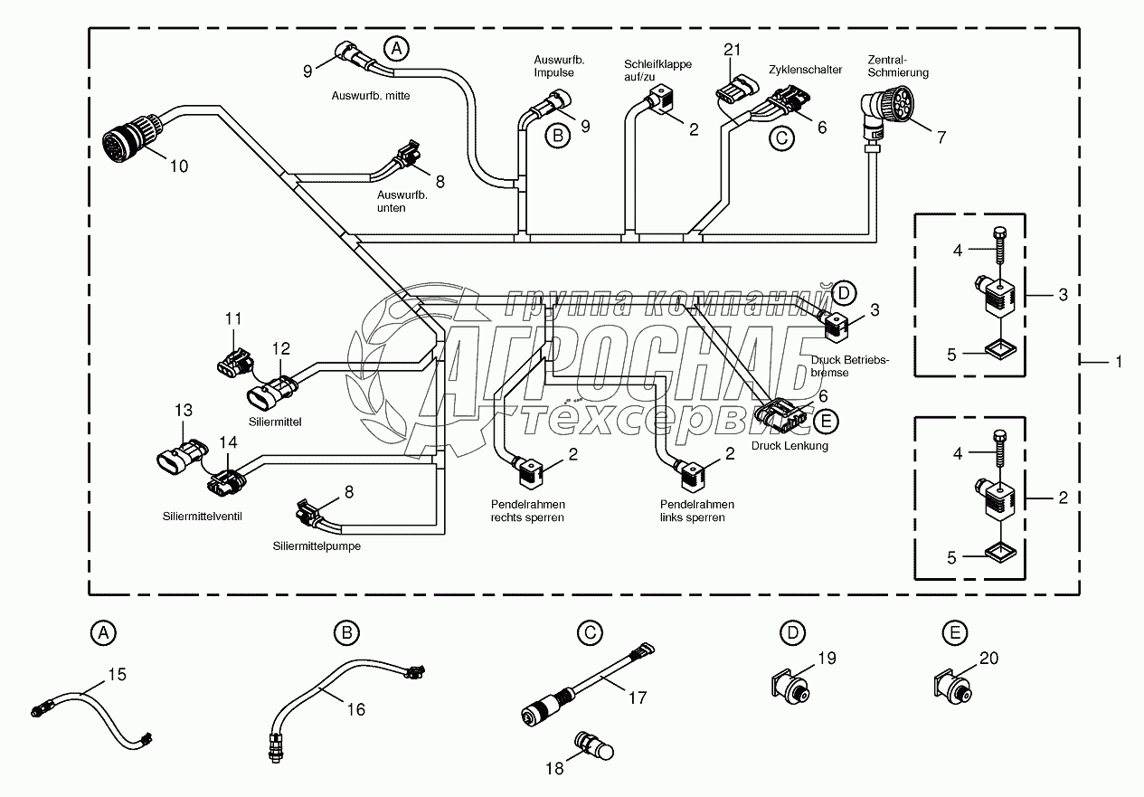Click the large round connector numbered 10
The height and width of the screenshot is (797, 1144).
(130, 138)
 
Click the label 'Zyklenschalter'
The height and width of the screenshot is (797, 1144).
(806, 70)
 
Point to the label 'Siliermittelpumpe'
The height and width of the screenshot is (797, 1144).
(310, 546)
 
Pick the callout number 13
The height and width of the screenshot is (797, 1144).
(184, 411)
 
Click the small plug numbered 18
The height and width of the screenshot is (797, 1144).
(592, 747)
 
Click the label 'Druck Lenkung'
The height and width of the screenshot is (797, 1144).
(789, 445)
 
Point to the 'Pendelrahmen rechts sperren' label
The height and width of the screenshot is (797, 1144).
(527, 510)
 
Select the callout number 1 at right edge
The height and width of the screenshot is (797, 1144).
(1119, 362)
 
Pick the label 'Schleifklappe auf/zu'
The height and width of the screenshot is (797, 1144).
(657, 71)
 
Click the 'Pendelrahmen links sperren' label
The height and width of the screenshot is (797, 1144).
(696, 510)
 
